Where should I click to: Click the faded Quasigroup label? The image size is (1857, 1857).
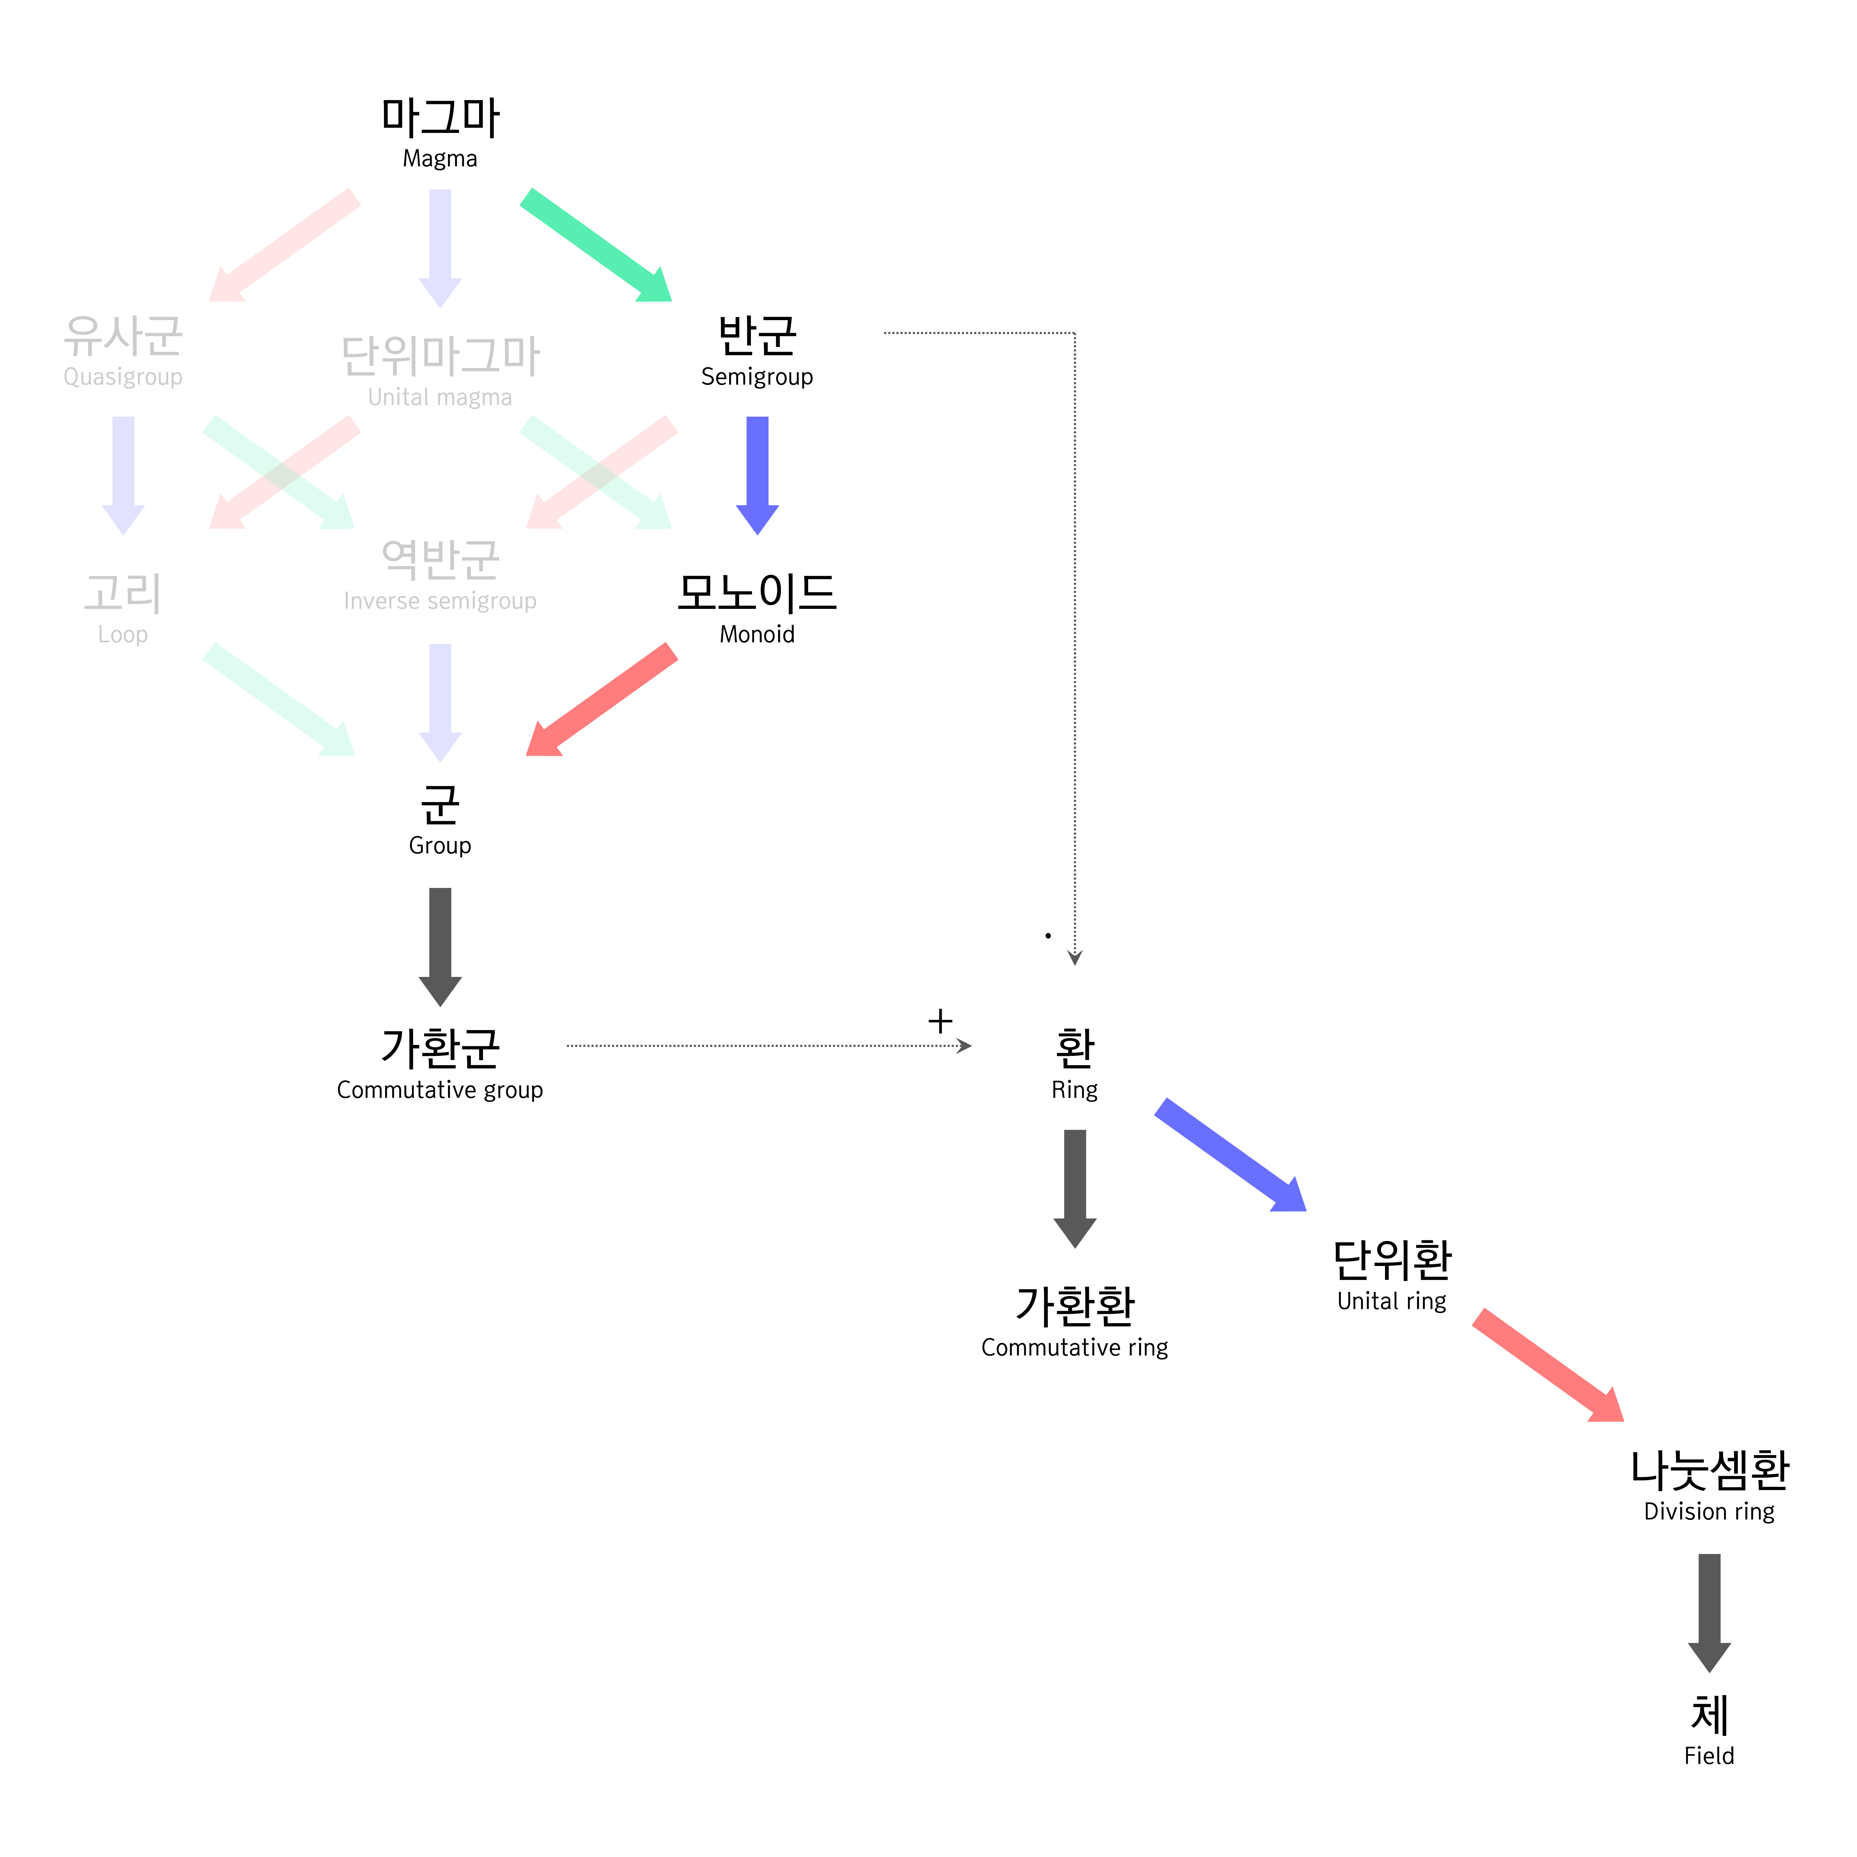(x=123, y=377)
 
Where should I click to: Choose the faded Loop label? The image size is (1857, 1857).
(x=123, y=634)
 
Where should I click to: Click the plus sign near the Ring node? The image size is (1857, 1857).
(x=940, y=1021)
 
